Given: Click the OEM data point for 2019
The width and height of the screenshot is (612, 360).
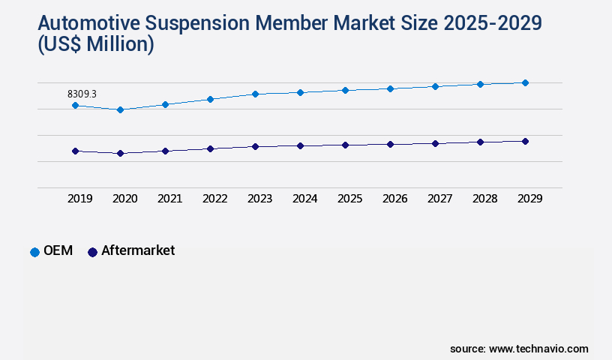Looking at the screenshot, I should point(75,106).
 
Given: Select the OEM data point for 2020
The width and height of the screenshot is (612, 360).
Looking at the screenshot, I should point(120,109).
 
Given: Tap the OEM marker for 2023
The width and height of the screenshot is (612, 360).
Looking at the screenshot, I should point(255,94).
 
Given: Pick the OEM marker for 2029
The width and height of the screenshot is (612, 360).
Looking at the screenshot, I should point(525,82).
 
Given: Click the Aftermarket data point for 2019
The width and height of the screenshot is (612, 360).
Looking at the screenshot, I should point(75,151).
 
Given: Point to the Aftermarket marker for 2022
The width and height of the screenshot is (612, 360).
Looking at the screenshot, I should point(210,148).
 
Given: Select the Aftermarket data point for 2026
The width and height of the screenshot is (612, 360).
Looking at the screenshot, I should point(390,144).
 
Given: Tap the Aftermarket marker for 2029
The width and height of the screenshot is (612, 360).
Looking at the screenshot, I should point(525,141).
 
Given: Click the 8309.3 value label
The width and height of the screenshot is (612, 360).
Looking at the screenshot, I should point(82,94).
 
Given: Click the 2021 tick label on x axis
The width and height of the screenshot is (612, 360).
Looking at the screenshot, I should point(169,199).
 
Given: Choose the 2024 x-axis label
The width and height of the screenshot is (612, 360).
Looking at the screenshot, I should point(304,199).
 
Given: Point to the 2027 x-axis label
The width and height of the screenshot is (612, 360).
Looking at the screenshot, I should point(439,199).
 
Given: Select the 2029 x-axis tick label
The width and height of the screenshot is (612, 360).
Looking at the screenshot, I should point(529,199).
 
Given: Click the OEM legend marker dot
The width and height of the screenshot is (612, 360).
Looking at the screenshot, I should point(34,252).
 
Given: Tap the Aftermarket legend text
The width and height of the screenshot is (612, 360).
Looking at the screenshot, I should point(138,251).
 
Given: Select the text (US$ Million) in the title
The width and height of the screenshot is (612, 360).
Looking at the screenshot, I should point(94,45).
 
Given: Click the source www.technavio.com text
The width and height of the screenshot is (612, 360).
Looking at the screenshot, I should point(519,349).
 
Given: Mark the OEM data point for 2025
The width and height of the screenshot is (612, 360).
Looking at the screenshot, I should point(345,90).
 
